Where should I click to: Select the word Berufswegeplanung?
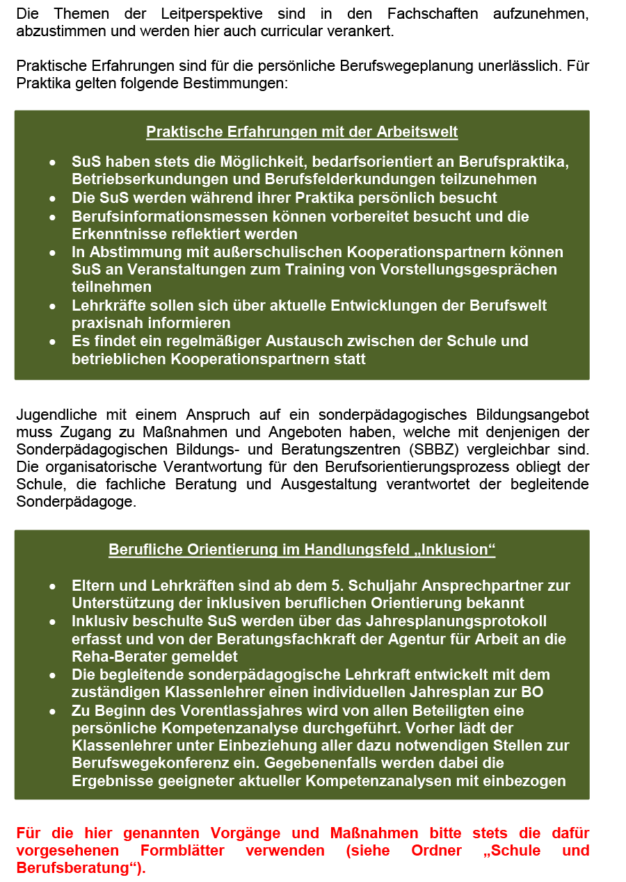(x=405, y=67)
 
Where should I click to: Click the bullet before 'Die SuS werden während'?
(x=54, y=198)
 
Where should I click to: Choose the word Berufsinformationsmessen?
(x=162, y=216)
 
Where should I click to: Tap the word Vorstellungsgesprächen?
(x=467, y=269)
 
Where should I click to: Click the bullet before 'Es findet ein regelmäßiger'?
(x=54, y=341)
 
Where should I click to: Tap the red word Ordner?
(x=440, y=851)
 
